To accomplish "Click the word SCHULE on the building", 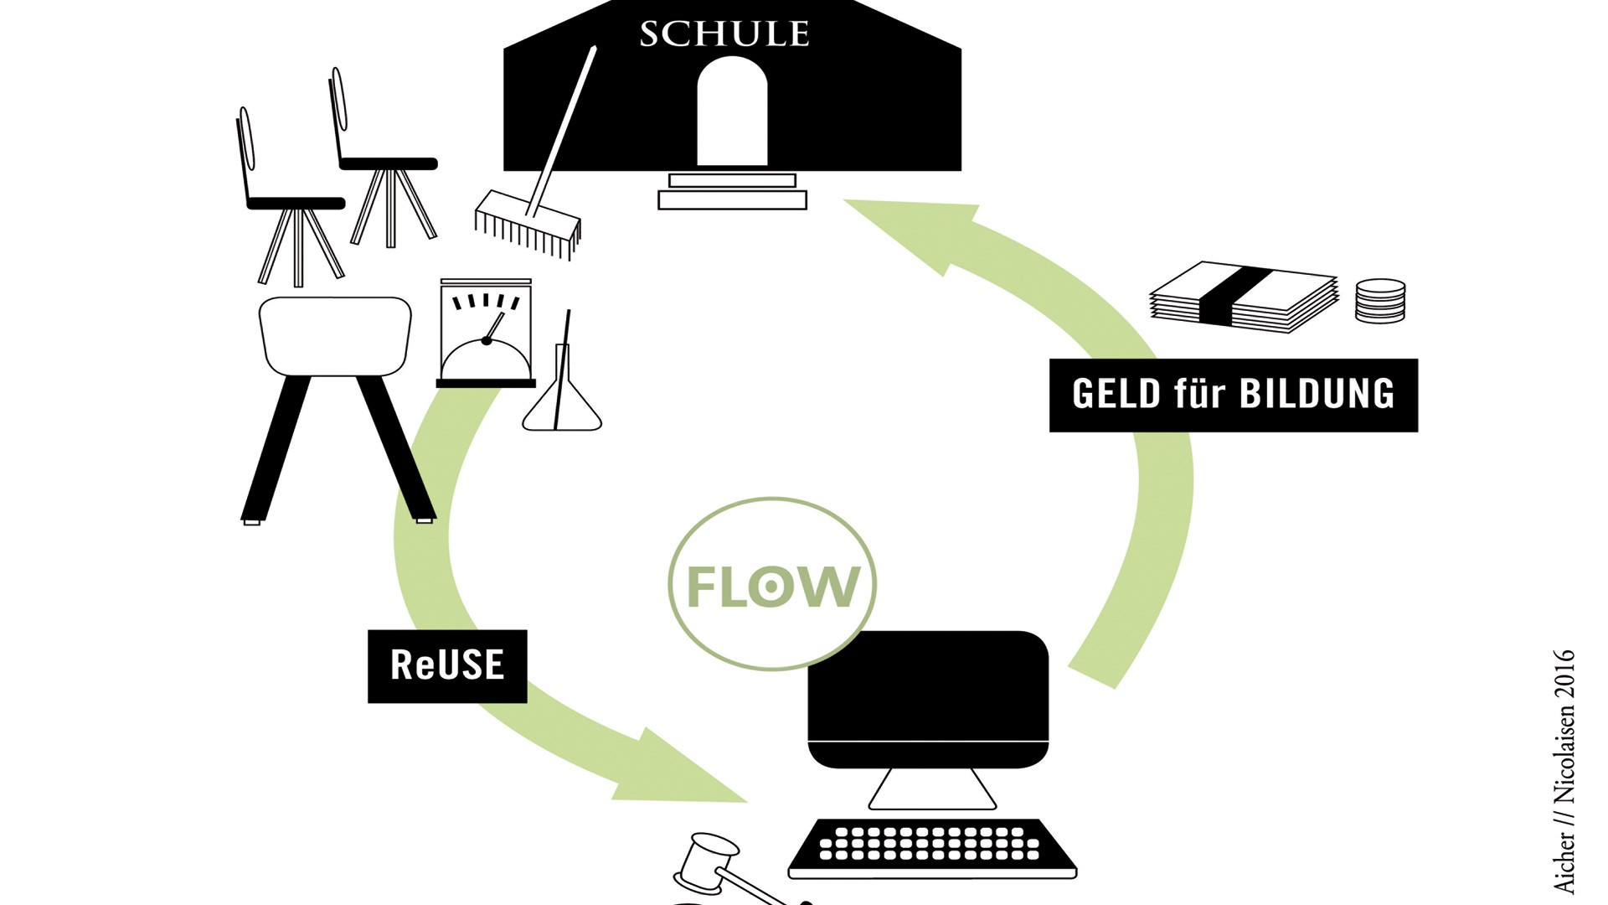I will tap(724, 34).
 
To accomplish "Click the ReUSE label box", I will tap(447, 665).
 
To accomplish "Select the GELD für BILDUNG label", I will tap(1233, 395).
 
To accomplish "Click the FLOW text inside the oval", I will tap(772, 586).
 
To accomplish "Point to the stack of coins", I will tap(1380, 301).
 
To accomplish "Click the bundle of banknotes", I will tap(1245, 297).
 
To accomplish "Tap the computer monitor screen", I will tap(928, 687).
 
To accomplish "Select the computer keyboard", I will tap(931, 846).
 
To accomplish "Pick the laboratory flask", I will tap(562, 402).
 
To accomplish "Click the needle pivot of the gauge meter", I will tap(486, 340).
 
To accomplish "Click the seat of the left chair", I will tap(296, 203).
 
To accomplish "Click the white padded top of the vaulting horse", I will tap(335, 335).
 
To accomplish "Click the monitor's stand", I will tap(931, 789).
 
